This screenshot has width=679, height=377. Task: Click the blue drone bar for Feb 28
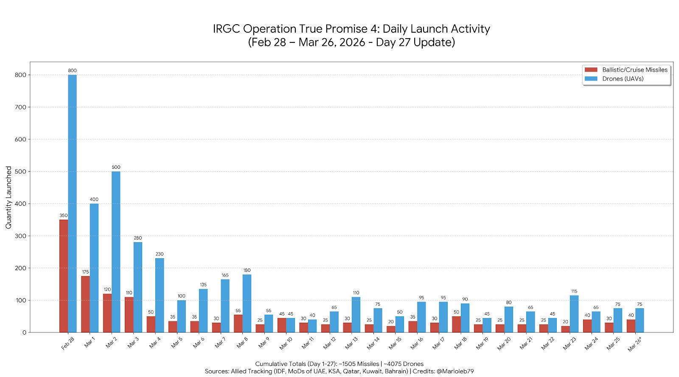coord(72,204)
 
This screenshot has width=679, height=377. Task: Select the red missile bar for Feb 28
coord(64,276)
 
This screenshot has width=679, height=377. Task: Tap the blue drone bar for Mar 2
coord(116,252)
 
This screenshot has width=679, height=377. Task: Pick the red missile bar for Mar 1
coord(85,304)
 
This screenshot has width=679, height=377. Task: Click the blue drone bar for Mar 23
coord(574,314)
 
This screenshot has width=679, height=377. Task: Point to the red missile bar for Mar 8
coord(238,324)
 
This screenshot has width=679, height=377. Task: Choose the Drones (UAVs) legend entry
coord(623,78)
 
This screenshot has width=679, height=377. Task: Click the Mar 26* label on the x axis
coord(635,344)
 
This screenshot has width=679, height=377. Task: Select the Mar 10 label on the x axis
coord(286,343)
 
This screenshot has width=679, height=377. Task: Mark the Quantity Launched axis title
coord(8,197)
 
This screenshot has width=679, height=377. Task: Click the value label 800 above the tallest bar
coord(72,70)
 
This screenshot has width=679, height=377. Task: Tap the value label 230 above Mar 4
coord(159,254)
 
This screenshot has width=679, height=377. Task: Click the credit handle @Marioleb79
coord(455,371)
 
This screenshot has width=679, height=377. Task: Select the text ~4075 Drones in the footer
coord(403,364)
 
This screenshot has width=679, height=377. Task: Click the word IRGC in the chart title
coord(227,29)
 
